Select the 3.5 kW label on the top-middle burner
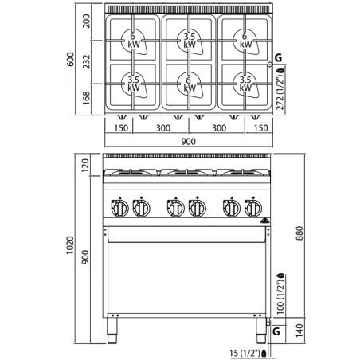(x=189, y=41)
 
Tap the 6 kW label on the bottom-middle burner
(x=189, y=83)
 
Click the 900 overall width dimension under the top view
(x=188, y=141)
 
